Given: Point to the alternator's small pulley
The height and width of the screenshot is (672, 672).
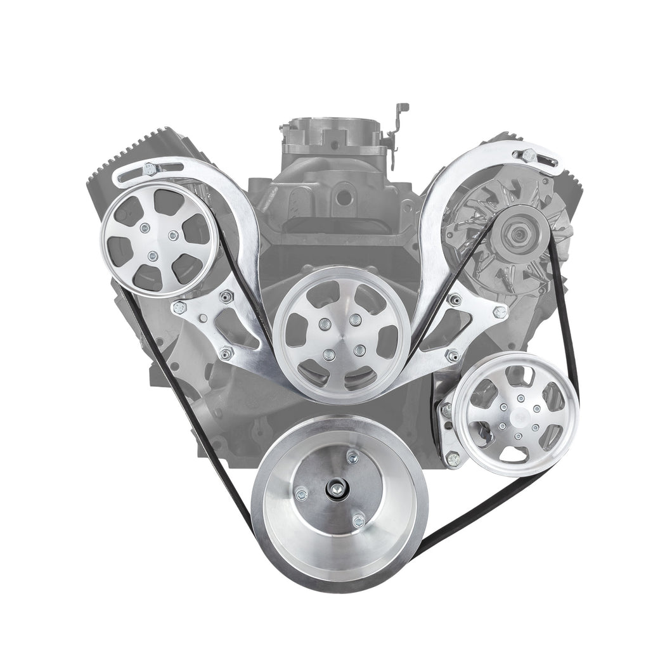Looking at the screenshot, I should (x=515, y=235).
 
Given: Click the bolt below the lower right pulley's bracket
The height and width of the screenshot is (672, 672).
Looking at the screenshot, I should (x=453, y=458).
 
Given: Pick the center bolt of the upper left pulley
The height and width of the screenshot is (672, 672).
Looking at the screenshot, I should (x=152, y=255).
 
